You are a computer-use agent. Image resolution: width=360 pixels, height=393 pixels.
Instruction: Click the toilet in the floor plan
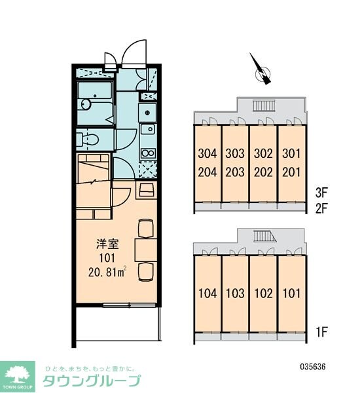pyautogui.click(x=87, y=140)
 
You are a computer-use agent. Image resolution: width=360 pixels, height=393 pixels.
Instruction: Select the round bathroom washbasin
pyautogui.click(x=86, y=104)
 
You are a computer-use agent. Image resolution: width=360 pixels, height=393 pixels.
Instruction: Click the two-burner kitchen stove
pyautogui.click(x=148, y=153)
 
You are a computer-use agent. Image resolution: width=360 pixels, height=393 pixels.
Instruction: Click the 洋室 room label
pyautogui.click(x=107, y=244)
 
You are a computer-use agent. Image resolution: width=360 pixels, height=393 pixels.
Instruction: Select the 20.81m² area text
pyautogui.click(x=107, y=272)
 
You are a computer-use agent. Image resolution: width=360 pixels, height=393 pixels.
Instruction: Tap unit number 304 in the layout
pyautogui.click(x=207, y=153)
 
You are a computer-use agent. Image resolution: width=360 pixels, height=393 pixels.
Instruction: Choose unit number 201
pyautogui.click(x=291, y=172)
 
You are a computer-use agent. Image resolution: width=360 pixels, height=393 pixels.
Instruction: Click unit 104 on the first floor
pyautogui.click(x=207, y=293)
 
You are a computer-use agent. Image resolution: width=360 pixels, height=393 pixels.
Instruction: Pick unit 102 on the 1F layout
pyautogui.click(x=263, y=293)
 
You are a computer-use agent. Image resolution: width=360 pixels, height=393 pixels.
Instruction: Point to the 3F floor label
pyautogui.click(x=321, y=193)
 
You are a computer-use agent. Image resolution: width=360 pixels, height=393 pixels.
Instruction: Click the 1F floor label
pyautogui.click(x=321, y=332)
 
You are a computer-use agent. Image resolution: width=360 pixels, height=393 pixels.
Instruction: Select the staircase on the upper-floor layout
pyautogui.click(x=264, y=105)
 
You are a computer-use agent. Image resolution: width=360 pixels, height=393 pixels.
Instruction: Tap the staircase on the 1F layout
pyautogui.click(x=265, y=236)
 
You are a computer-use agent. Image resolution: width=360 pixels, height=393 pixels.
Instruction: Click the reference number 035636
pyautogui.click(x=313, y=367)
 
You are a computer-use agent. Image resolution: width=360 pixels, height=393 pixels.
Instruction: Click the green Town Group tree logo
pyautogui.click(x=17, y=377)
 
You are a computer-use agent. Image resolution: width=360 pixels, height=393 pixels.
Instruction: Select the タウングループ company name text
pyautogui.click(x=92, y=381)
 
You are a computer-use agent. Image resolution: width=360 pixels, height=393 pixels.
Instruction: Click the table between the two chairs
pyautogui.click(x=146, y=250)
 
